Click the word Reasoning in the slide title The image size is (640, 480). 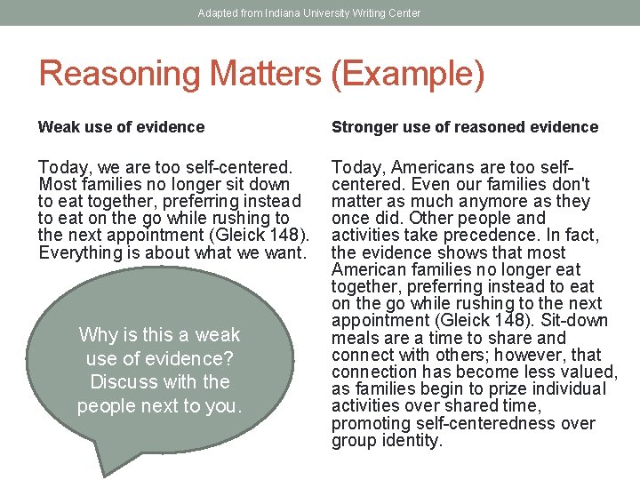116,74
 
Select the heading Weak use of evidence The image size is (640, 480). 121,127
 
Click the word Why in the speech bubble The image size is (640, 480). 98,335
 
